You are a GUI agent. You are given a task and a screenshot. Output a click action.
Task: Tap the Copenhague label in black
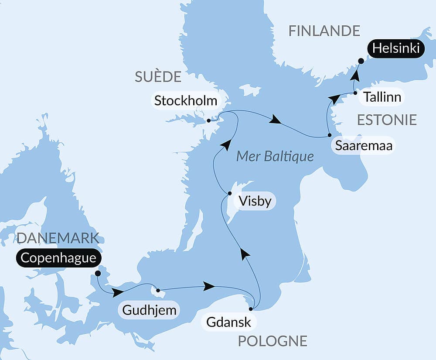[x=58, y=257]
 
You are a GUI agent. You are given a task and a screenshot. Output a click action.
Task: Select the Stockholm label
[x=186, y=101]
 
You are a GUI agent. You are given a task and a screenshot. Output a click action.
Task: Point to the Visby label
[x=255, y=202]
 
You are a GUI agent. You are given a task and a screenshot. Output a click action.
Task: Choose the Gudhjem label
[x=149, y=311]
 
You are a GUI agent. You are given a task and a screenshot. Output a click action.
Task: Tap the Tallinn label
[x=382, y=97]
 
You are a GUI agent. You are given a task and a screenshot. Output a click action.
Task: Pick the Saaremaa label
[x=364, y=146]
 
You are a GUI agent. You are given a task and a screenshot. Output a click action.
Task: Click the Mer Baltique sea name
[x=275, y=156]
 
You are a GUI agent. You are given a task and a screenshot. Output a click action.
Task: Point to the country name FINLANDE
[x=324, y=31]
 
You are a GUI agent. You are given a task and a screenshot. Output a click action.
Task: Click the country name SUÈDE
[x=158, y=77]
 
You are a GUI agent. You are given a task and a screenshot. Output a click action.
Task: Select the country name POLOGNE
[x=272, y=341]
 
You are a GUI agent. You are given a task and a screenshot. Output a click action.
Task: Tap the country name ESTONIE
[x=387, y=120]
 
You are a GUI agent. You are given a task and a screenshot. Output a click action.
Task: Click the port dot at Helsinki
[x=361, y=61]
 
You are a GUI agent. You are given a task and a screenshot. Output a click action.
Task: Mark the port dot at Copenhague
[x=98, y=273]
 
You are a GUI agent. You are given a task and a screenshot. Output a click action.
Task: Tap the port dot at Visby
[x=230, y=193]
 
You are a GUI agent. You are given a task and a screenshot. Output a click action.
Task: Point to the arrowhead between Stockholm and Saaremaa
[x=275, y=120]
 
